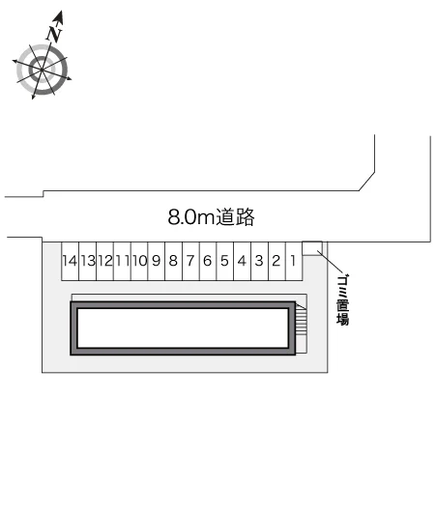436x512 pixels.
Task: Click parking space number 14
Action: point(71,261)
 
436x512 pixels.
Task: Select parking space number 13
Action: point(88,261)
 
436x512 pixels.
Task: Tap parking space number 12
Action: point(105,261)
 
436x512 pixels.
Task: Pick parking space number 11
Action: point(122,261)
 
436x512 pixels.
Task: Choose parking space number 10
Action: point(139,261)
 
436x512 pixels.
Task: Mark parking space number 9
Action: point(157,261)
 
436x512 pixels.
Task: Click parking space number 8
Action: point(174,261)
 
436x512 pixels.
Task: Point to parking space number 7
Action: point(190,261)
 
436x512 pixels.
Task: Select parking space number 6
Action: point(208,261)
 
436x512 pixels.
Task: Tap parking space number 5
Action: point(225,261)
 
